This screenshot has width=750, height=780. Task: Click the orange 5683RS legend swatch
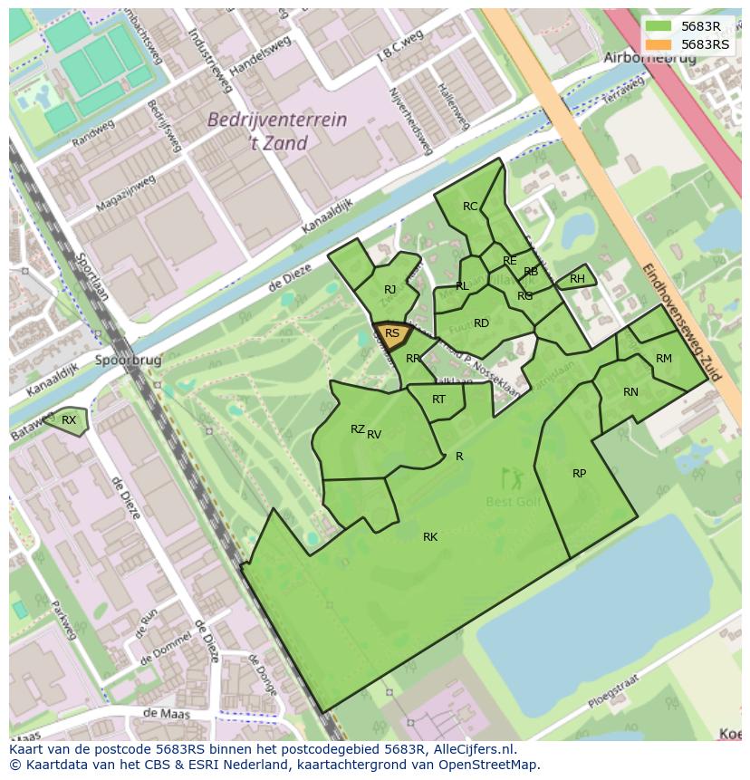(659, 44)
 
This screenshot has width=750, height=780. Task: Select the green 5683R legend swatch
(659, 26)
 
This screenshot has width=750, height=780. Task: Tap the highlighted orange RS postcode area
(392, 334)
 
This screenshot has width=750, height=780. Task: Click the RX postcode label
(69, 420)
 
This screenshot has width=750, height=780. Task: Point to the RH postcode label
(577, 279)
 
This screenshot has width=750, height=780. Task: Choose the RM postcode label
(664, 359)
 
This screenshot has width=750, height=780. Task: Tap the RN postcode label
(630, 392)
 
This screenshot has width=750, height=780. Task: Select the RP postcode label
(579, 474)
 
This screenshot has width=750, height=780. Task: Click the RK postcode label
(430, 537)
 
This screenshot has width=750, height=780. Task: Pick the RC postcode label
(470, 207)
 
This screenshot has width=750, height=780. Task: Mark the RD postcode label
(481, 323)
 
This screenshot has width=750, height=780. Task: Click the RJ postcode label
(389, 290)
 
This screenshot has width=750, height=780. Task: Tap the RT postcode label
(438, 400)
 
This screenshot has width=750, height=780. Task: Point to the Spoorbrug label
(128, 360)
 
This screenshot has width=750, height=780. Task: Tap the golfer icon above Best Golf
(513, 476)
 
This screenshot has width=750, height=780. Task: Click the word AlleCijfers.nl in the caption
(475, 750)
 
